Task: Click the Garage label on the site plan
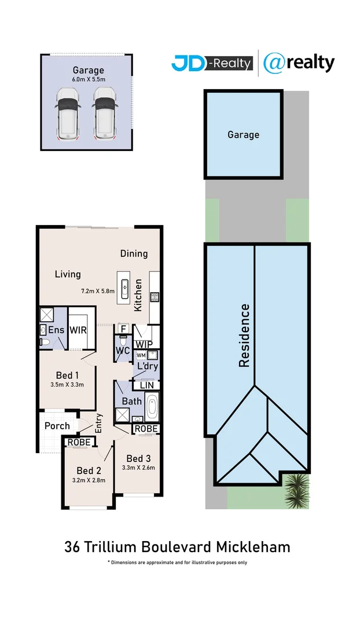[x=243, y=135]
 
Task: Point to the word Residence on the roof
[x=244, y=336]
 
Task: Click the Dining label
[x=134, y=253]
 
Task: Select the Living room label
[x=68, y=274]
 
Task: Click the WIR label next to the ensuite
[x=78, y=330]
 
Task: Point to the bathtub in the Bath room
[x=152, y=406]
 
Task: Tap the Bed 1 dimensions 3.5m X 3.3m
[x=67, y=384]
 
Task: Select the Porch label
[x=57, y=426]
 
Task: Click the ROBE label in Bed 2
[x=78, y=442]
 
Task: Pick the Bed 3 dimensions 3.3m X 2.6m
[x=138, y=468]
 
